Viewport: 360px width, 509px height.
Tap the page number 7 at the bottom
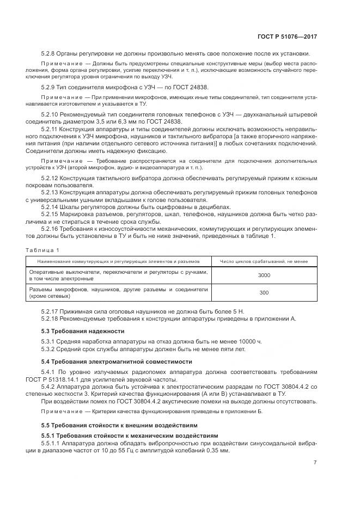coord(315,464)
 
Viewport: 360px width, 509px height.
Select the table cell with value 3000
coord(264,275)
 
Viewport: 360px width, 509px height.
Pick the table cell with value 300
coord(264,293)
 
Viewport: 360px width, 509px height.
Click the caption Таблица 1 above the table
coord(42,249)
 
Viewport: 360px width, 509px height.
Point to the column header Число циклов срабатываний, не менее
coord(264,261)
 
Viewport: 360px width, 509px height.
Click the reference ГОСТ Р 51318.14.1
coord(66,379)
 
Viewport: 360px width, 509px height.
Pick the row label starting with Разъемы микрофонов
coord(118,293)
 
